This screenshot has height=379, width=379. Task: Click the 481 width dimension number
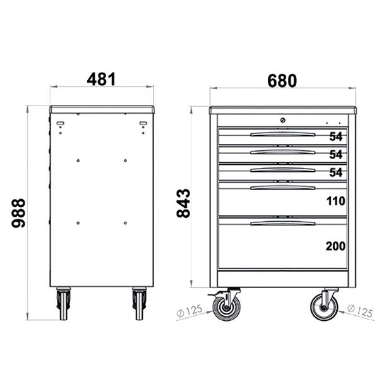101,80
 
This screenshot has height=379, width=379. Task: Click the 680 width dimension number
282,80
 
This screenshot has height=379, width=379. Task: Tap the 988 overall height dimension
19,213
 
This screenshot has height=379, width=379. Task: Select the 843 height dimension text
183,203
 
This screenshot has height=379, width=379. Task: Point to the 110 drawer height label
335,202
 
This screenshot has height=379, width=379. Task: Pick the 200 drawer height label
335,246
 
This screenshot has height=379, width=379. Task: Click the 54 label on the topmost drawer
335,136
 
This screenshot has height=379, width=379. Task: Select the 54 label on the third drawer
335,172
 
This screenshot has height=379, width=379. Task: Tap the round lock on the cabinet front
283,120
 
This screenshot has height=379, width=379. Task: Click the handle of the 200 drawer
282,223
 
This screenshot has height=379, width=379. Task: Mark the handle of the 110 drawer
282,188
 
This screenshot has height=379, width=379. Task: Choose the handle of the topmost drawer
282,134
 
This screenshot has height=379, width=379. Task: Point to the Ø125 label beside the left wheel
189,311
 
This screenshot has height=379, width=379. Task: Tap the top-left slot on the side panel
61,123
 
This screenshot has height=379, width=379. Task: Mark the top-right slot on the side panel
143,123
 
